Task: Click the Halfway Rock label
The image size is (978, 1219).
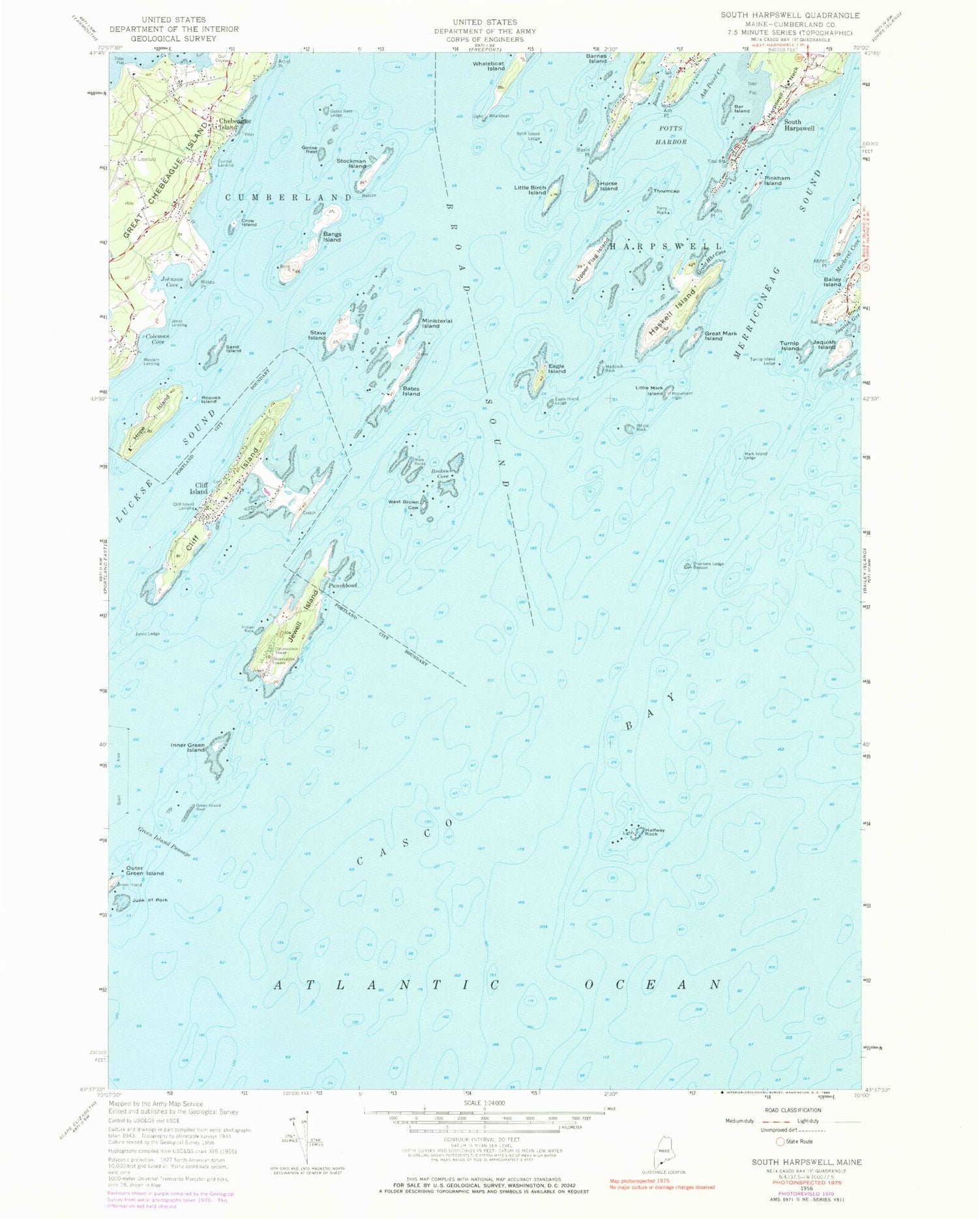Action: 655,832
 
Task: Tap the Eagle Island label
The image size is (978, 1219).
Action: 556,369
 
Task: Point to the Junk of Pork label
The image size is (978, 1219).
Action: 149,900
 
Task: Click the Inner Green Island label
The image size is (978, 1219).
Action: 188,747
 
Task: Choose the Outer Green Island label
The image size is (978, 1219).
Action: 145,870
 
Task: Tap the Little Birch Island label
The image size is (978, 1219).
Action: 529,190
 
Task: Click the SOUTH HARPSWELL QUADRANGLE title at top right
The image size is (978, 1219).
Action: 790,15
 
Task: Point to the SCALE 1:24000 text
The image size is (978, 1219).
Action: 483,1102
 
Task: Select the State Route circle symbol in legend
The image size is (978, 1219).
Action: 780,1141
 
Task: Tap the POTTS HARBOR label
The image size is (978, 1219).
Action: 671,135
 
